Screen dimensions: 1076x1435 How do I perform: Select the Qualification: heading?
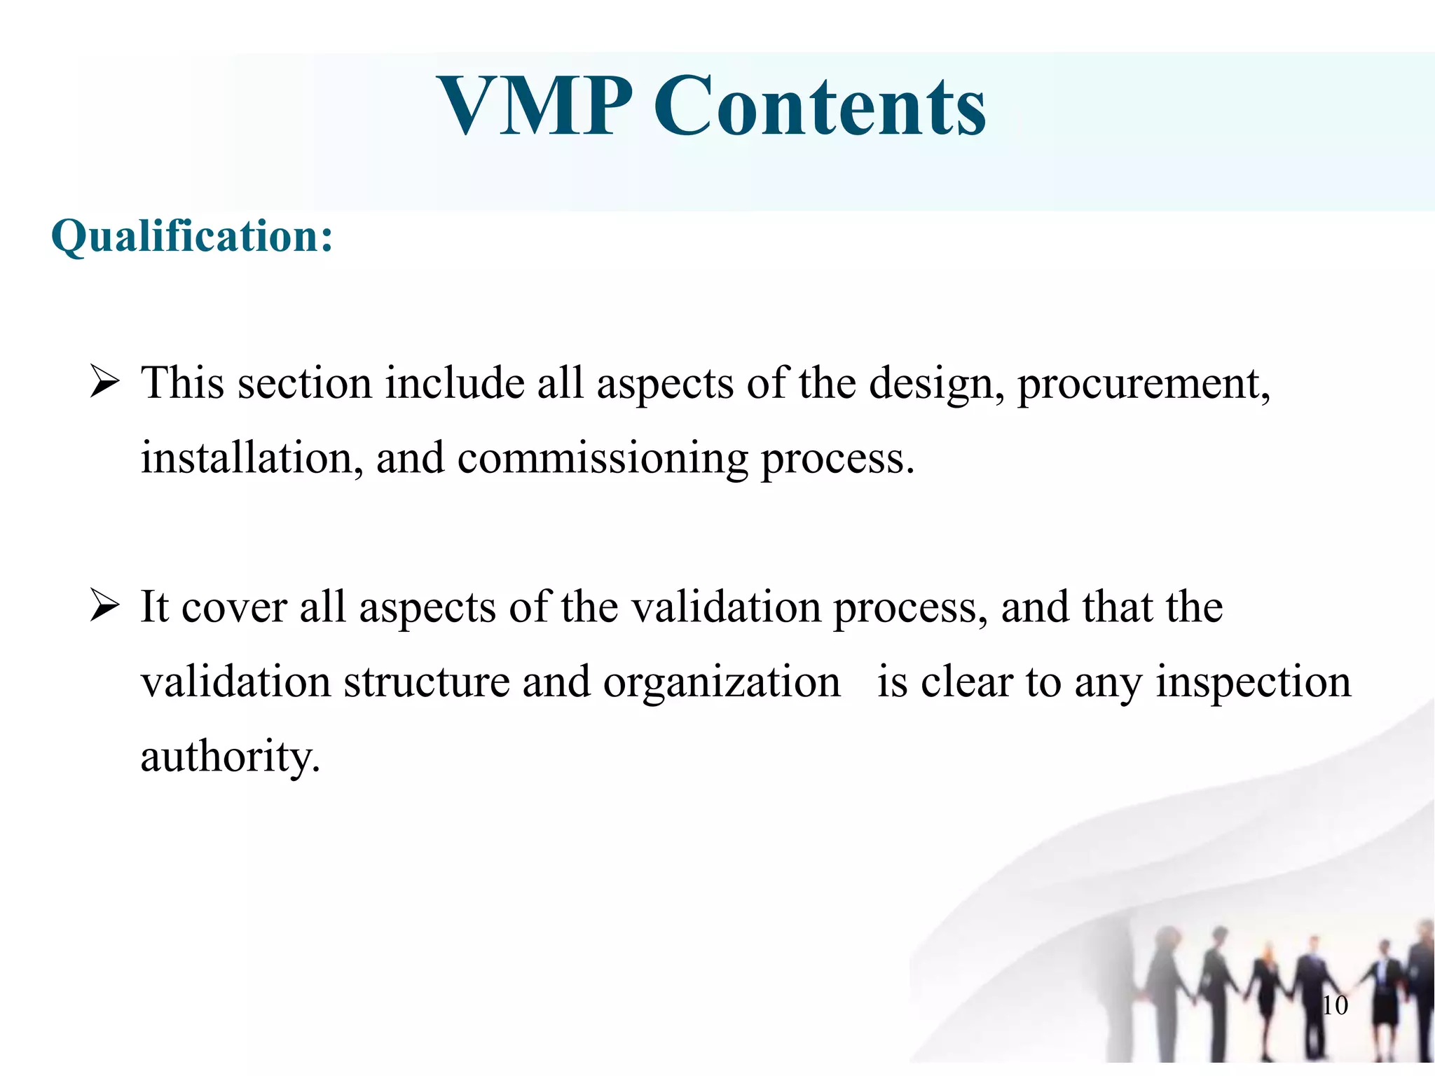coord(192,236)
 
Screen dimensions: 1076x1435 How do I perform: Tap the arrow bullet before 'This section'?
coord(104,384)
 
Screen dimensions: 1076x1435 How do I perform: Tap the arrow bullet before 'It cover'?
coord(104,607)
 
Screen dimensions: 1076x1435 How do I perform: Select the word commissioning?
coord(603,460)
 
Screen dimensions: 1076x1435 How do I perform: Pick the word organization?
coord(722,682)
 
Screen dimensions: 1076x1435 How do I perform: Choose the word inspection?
coord(1253,682)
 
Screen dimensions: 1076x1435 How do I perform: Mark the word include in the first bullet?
coord(455,384)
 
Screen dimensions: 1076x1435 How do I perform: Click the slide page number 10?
coord(1335,1005)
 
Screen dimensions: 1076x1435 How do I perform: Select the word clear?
coord(966,682)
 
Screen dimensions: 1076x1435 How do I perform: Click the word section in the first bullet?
coord(305,384)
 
